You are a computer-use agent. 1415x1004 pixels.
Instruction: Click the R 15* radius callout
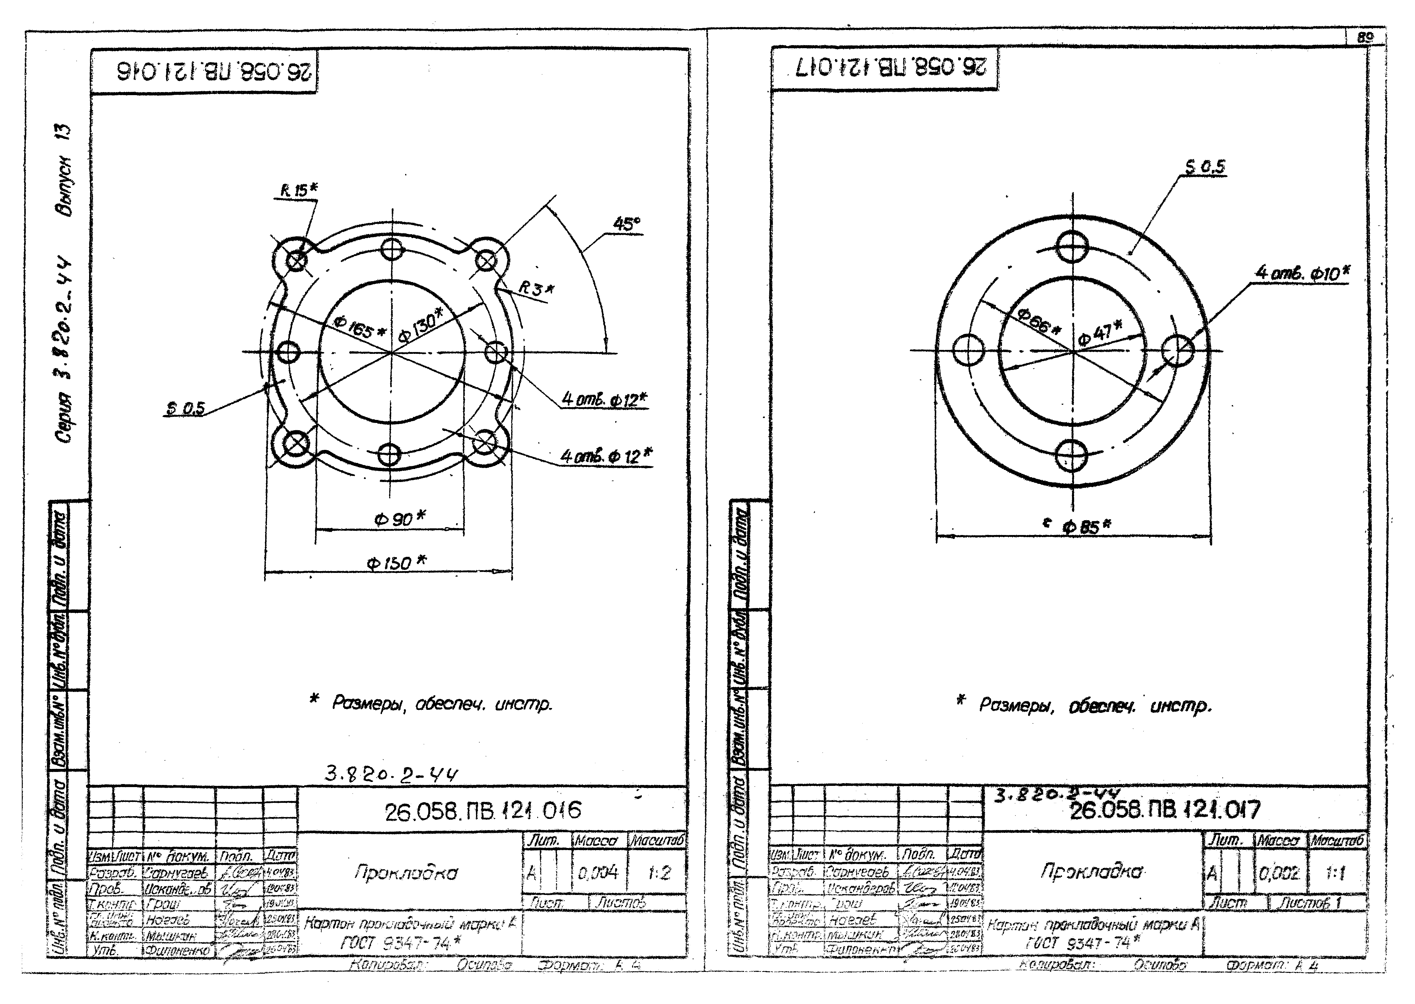pos(298,191)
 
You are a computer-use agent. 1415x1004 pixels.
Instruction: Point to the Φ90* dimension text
pos(399,518)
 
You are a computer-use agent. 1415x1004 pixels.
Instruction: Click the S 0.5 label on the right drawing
pos(1204,167)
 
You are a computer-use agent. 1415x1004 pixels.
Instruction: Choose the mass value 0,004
pos(598,873)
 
